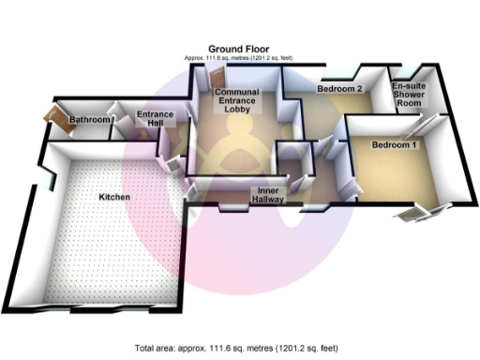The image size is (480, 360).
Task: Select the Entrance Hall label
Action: pyautogui.click(x=156, y=120)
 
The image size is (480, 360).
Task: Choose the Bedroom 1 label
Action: pyautogui.click(x=395, y=146)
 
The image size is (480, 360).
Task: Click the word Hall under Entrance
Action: pyautogui.click(x=156, y=126)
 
